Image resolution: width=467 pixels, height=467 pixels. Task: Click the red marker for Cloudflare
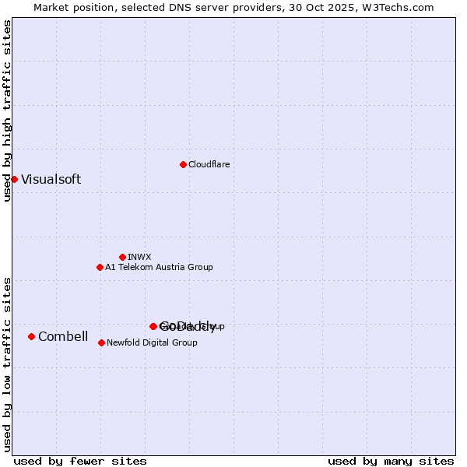point(183,164)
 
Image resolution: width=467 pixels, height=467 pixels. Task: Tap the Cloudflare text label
point(209,164)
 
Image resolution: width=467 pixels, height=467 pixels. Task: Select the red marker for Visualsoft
point(14,179)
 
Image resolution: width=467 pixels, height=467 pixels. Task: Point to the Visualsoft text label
point(51,179)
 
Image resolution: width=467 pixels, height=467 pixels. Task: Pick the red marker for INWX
point(122,257)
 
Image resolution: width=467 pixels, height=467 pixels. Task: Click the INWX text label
point(140,257)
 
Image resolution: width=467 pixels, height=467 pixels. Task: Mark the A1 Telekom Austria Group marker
point(100,267)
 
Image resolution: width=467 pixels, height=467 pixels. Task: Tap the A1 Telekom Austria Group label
point(160,267)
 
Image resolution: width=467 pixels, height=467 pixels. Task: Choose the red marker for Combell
point(31,336)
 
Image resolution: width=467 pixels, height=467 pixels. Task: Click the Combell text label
point(63,336)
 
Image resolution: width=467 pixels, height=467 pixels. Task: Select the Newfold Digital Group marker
point(101,342)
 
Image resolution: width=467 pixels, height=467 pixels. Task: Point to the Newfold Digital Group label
point(153,342)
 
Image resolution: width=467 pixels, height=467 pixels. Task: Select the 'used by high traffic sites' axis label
point(7,111)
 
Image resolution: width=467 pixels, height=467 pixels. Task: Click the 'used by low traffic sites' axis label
point(7,363)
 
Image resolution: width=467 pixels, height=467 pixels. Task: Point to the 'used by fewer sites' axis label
point(80,461)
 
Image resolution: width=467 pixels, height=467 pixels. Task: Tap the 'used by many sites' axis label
point(391,461)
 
